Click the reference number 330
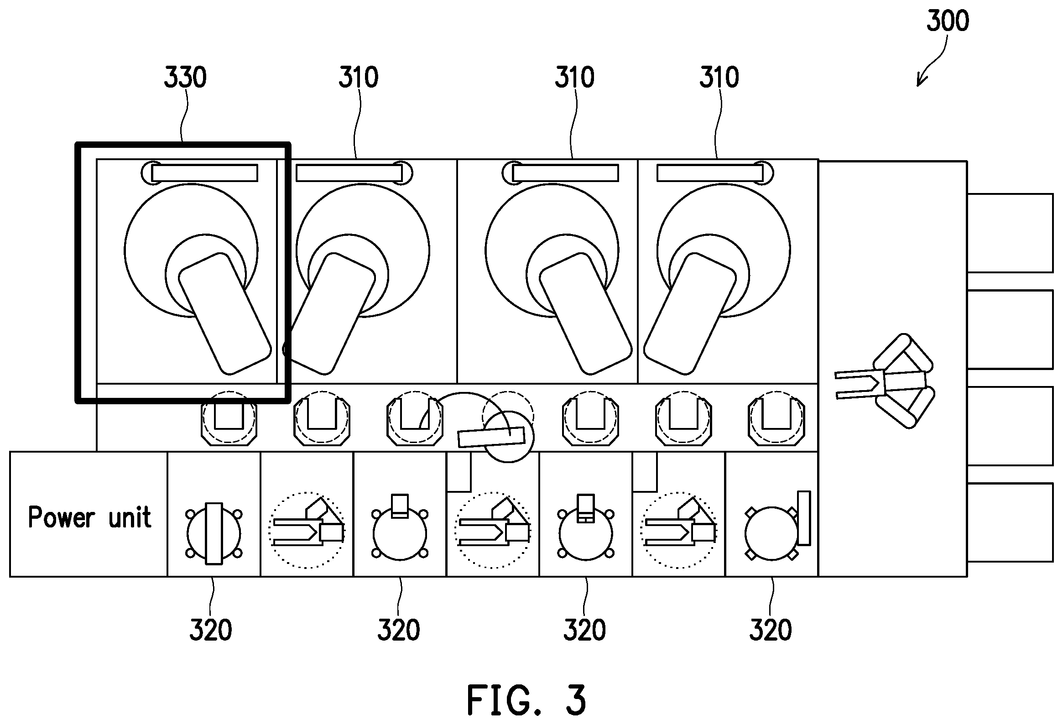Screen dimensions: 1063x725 tap(185, 77)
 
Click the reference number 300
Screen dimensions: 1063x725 tap(947, 21)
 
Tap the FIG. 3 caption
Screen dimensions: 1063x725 tap(526, 700)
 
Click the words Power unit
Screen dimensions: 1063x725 tap(90, 517)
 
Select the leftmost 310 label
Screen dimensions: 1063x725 tap(358, 77)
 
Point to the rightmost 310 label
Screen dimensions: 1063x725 tap(719, 77)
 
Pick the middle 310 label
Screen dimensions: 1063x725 tap(574, 77)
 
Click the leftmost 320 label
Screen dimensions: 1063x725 tap(211, 630)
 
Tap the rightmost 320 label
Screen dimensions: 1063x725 tap(771, 630)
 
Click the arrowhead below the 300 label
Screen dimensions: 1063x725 tap(921, 80)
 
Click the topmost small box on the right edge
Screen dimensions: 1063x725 tap(1010, 233)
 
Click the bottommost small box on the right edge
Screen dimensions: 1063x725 tap(1010, 522)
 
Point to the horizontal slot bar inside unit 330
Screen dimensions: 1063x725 tap(204, 173)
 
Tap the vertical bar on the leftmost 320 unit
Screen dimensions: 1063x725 tap(214, 533)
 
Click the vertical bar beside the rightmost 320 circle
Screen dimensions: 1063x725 tap(804, 518)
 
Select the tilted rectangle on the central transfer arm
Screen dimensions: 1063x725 tap(491, 436)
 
